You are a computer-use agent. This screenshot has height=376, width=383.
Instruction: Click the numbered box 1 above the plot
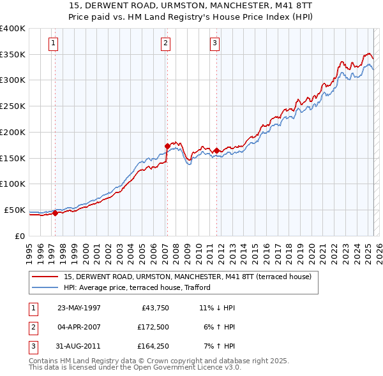click(52, 43)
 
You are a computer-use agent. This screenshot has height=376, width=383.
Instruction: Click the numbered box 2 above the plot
click(165, 43)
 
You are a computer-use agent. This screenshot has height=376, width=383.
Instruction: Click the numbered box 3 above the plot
click(215, 43)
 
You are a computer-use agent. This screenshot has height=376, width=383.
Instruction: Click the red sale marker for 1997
click(55, 213)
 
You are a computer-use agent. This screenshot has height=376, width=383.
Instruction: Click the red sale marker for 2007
click(167, 147)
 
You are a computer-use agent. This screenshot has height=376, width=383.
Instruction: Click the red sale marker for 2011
click(217, 151)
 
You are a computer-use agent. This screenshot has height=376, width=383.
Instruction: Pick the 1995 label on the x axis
click(29, 249)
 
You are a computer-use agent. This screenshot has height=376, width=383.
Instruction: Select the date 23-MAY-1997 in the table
click(79, 308)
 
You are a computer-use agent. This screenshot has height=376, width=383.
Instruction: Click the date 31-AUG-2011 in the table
click(79, 347)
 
